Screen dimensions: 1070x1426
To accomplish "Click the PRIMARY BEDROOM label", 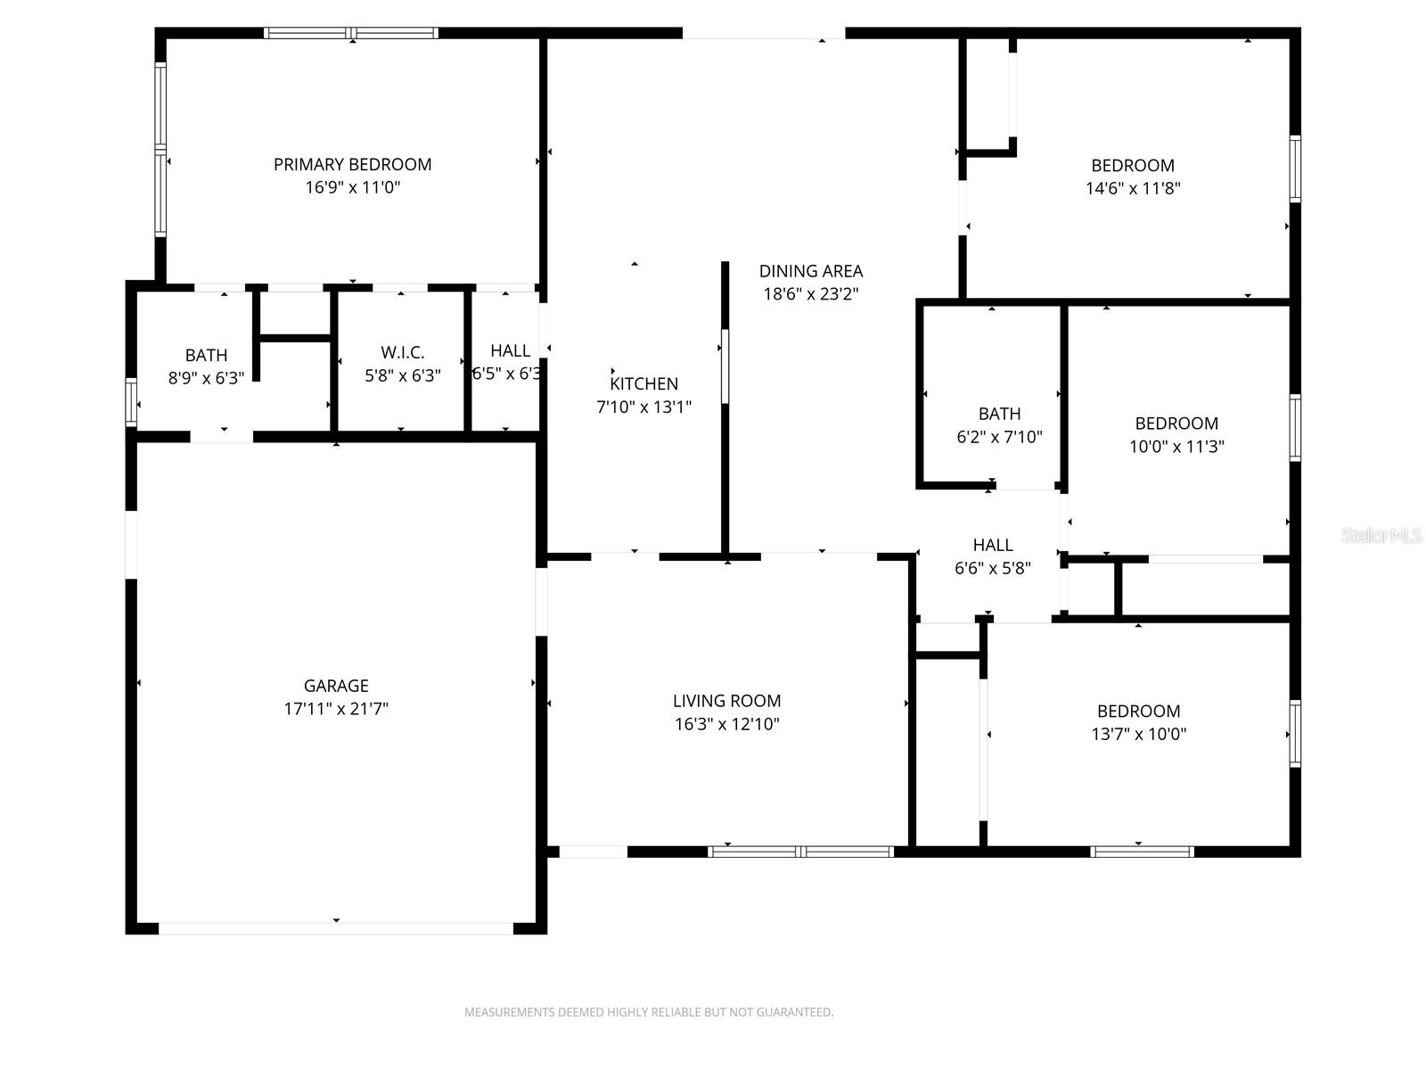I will click(x=352, y=164).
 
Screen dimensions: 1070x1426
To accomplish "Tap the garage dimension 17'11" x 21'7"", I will click(x=336, y=709).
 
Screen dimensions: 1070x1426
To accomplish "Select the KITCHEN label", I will click(x=643, y=383).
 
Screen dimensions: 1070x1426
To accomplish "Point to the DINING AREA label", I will click(x=810, y=271).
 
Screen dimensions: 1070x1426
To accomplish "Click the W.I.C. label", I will click(x=402, y=352).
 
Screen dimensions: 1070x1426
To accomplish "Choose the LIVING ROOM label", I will click(x=726, y=701).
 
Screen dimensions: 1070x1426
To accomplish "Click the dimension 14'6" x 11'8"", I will click(x=1132, y=188).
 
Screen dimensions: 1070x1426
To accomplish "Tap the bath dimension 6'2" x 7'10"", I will click(x=998, y=437).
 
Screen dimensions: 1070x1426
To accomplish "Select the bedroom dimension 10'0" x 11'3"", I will click(x=1176, y=447).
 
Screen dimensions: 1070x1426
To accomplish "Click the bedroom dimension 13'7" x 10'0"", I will click(x=1138, y=734).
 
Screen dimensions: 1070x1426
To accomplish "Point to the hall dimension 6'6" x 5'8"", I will click(x=992, y=568).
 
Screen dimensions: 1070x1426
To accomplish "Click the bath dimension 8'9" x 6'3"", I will click(x=206, y=378).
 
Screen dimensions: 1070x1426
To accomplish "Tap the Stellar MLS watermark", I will click(x=1381, y=536).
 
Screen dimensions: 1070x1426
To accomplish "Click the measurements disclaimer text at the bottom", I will click(x=648, y=1012).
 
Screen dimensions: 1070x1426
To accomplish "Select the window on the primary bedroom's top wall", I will click(x=351, y=33).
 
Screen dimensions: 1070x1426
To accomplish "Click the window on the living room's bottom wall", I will click(x=800, y=852).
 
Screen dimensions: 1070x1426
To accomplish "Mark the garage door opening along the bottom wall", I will click(x=335, y=928).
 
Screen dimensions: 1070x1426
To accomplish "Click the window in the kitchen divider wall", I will click(x=725, y=366).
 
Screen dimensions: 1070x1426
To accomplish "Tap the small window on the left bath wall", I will click(x=131, y=401).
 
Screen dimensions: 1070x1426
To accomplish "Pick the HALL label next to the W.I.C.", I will click(x=510, y=350).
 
